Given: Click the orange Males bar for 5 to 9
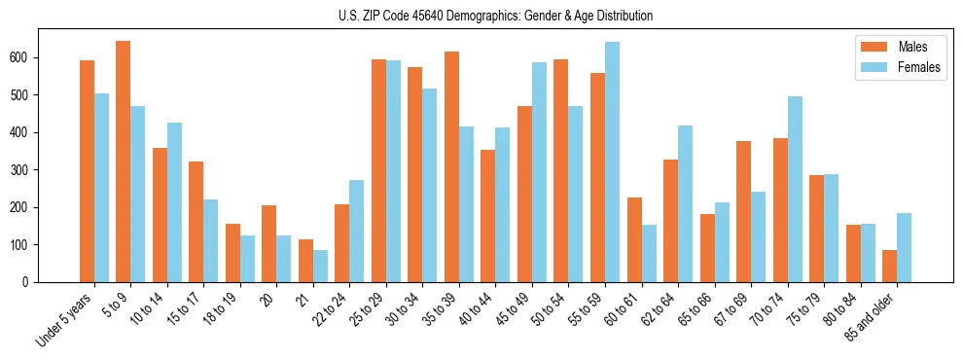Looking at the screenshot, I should click(124, 162).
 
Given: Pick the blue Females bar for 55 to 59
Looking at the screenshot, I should click(612, 162).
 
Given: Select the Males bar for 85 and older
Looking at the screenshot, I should click(889, 266).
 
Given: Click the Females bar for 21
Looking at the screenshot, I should click(320, 266).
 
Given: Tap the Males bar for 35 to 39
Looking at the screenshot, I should click(451, 166).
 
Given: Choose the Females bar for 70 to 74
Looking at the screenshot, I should click(795, 189).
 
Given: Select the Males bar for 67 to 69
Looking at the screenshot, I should click(743, 211).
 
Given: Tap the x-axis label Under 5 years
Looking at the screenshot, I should click(66, 319).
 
